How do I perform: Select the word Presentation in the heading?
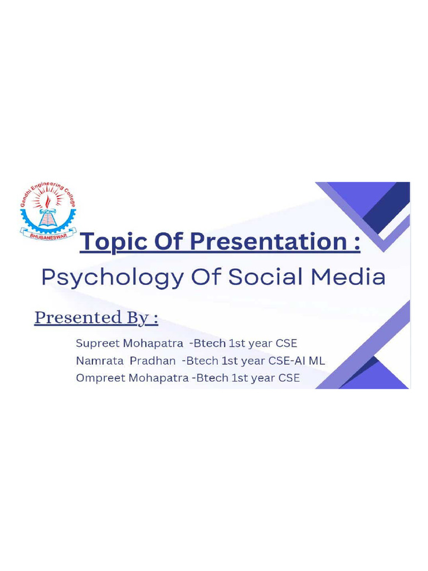pos(268,243)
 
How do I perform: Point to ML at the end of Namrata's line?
pos(317,361)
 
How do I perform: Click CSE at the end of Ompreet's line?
pos(288,378)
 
